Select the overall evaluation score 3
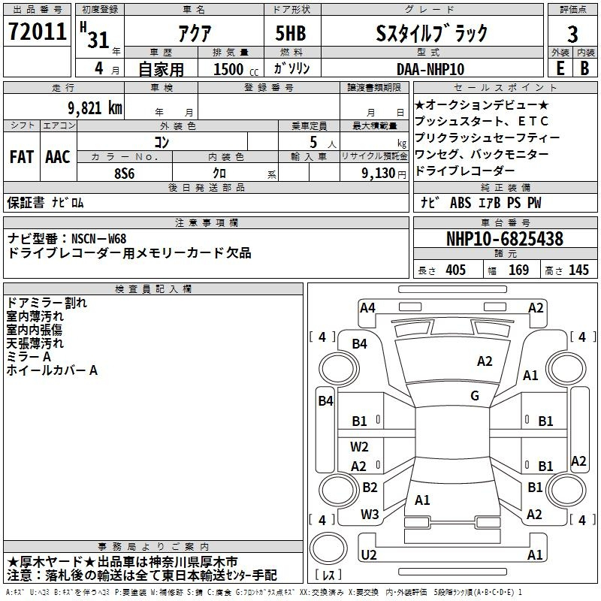(x=572, y=35)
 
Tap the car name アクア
(x=193, y=33)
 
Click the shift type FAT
(x=22, y=157)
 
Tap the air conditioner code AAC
(x=58, y=157)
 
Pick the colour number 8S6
(x=125, y=173)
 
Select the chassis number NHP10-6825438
(x=504, y=239)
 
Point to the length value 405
(x=455, y=270)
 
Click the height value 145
(x=578, y=270)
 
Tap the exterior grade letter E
(x=559, y=68)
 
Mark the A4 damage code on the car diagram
(x=367, y=307)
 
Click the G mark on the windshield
(x=475, y=396)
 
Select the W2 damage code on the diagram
(x=360, y=447)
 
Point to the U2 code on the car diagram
(x=369, y=554)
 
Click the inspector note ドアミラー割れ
(x=47, y=303)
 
